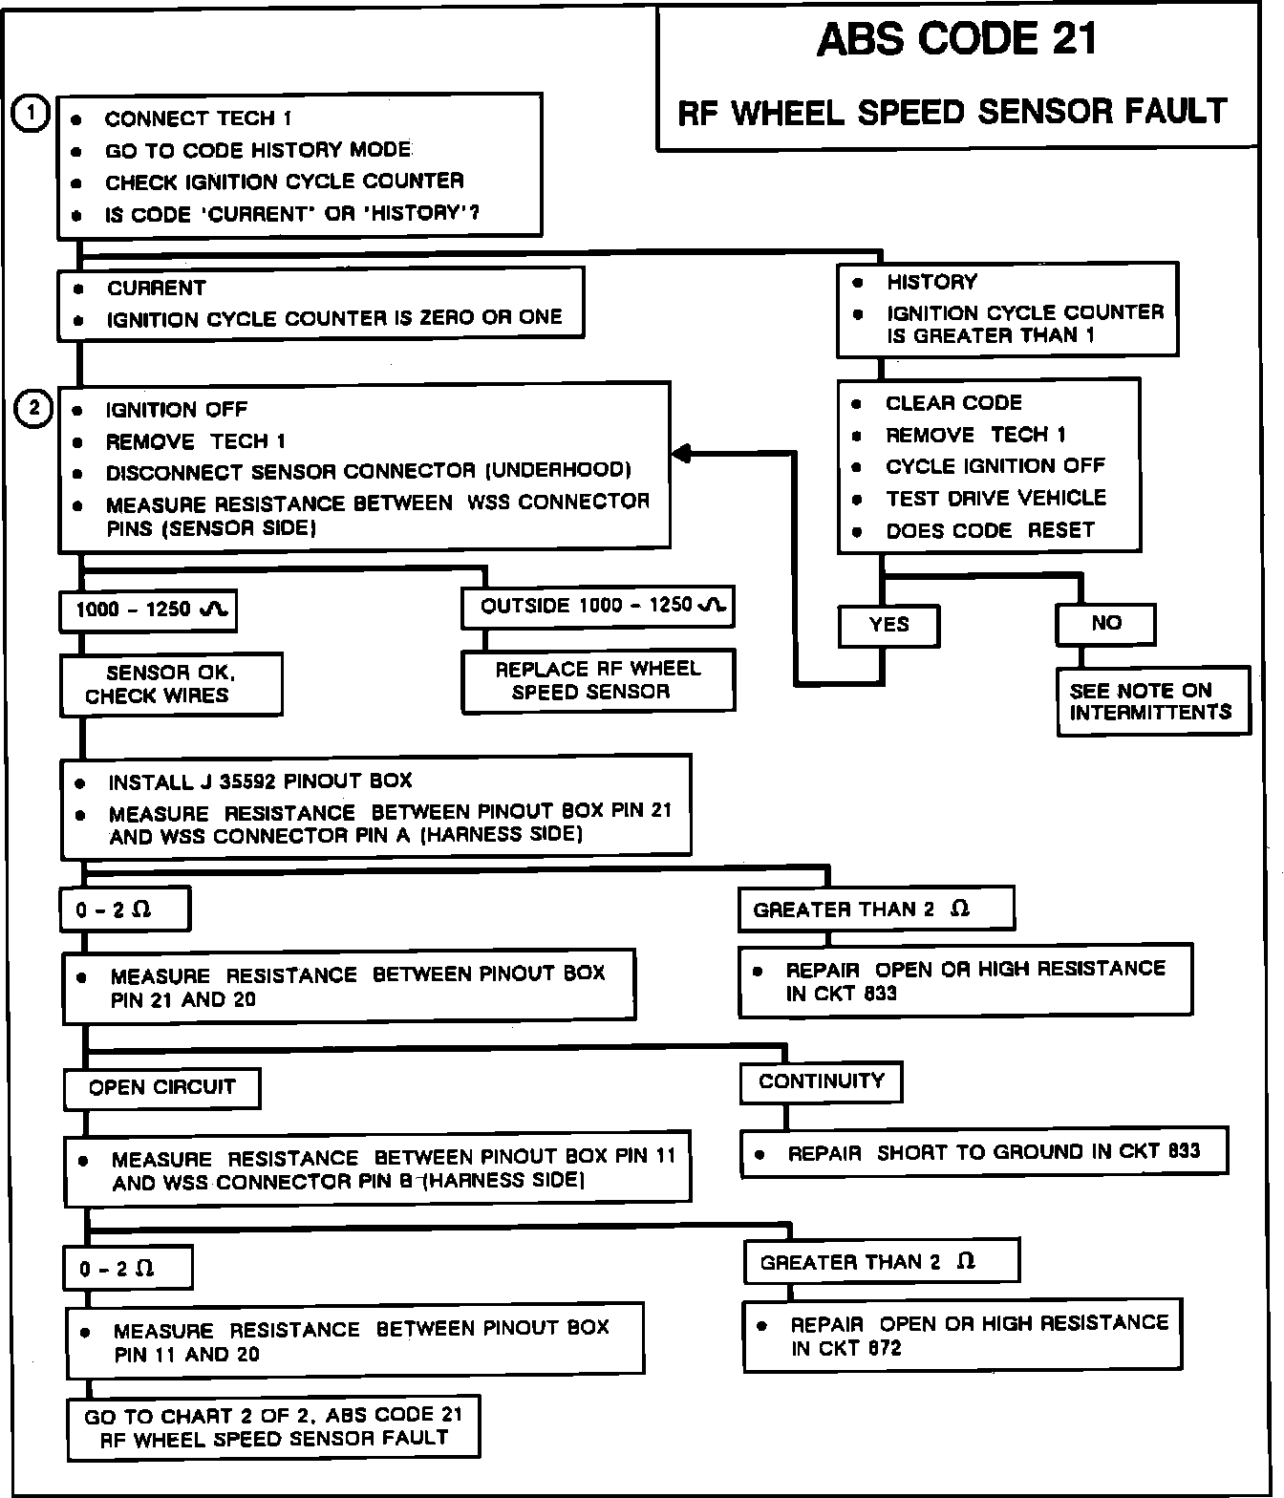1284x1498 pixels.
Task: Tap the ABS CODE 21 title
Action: coord(957,40)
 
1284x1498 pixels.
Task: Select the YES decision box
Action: coord(888,625)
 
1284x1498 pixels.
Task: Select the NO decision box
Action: coord(1105,624)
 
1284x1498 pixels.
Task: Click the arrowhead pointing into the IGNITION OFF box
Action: coord(681,455)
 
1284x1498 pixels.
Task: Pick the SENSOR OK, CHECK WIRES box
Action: coord(171,684)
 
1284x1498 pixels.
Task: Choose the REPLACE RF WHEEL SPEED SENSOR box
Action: coord(598,680)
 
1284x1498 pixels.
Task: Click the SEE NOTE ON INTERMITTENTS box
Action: coord(1152,701)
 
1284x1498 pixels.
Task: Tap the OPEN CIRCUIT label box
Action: coord(161,1087)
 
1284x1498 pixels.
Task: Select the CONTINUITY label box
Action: coord(821,1081)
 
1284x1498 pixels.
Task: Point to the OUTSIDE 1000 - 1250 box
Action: coord(597,607)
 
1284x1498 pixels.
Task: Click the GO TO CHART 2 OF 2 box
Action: coord(273,1427)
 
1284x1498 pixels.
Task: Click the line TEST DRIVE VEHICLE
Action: coord(995,498)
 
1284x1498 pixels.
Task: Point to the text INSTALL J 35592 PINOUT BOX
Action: coord(260,781)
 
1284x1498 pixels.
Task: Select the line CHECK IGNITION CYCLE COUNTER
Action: coord(284,182)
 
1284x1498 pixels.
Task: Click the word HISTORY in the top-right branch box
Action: coord(931,282)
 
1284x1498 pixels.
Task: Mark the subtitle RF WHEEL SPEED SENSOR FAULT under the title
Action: coord(952,113)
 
